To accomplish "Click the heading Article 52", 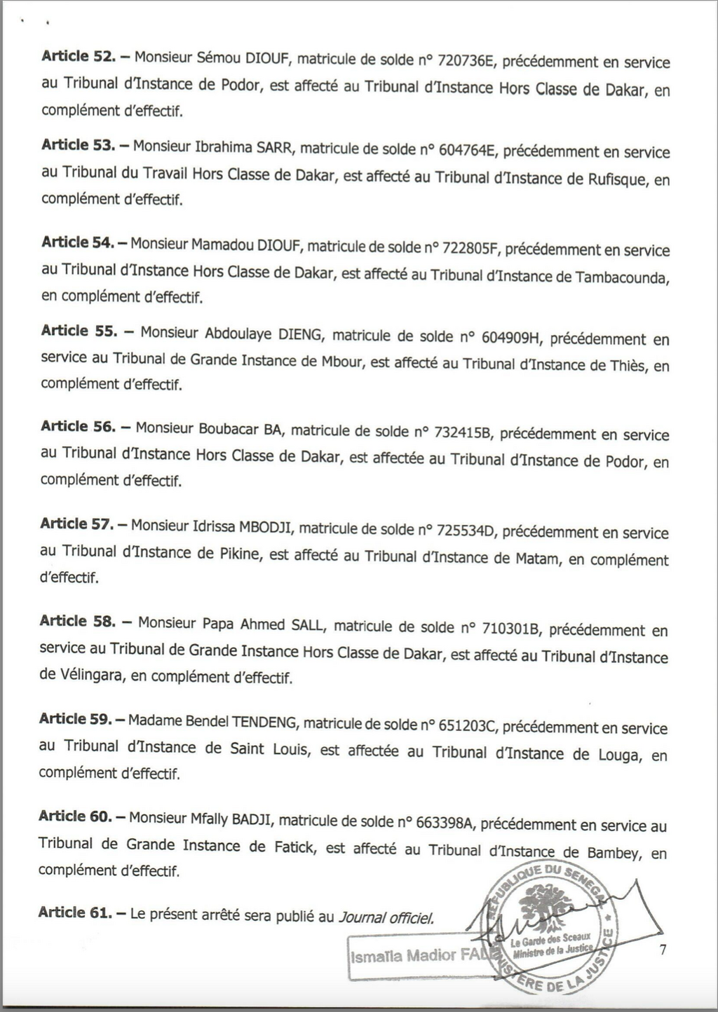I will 78,56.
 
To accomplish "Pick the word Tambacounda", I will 621,277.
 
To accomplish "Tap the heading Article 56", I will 78,427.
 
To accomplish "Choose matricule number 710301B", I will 510,628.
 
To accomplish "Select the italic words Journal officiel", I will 386,917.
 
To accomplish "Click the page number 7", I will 663,950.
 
